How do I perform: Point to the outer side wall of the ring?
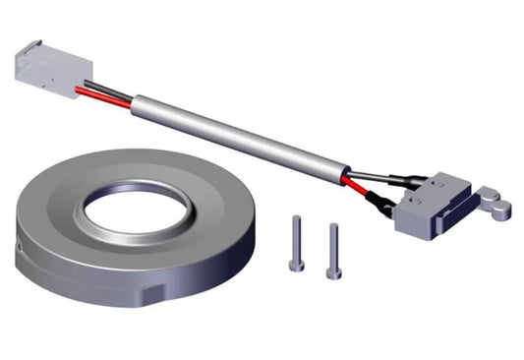tap(118, 275)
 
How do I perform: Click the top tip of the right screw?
tap(333, 227)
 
